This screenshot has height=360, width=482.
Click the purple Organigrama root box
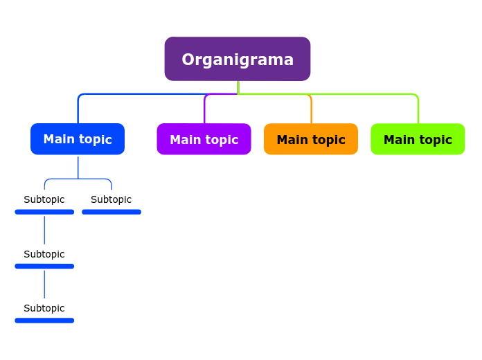(237, 59)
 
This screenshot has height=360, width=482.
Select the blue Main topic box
(78, 139)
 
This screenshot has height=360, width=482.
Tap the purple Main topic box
(204, 139)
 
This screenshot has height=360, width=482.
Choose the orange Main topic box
(311, 139)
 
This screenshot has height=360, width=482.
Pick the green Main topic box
(418, 139)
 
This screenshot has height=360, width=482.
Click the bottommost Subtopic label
(44, 308)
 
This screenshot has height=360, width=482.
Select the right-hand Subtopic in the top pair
(111, 199)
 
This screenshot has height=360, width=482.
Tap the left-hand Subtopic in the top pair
(44, 199)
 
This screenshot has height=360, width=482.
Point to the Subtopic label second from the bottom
(44, 254)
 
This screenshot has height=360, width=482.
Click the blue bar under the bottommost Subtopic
(44, 321)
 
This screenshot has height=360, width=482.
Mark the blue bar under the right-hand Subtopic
(111, 212)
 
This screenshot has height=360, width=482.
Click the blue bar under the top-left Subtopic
(44, 212)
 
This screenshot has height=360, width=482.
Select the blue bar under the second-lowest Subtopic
(44, 266)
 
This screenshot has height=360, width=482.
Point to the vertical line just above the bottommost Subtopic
(44, 285)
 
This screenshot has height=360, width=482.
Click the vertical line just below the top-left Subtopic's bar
(44, 230)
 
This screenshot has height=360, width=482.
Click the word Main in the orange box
(292, 140)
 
